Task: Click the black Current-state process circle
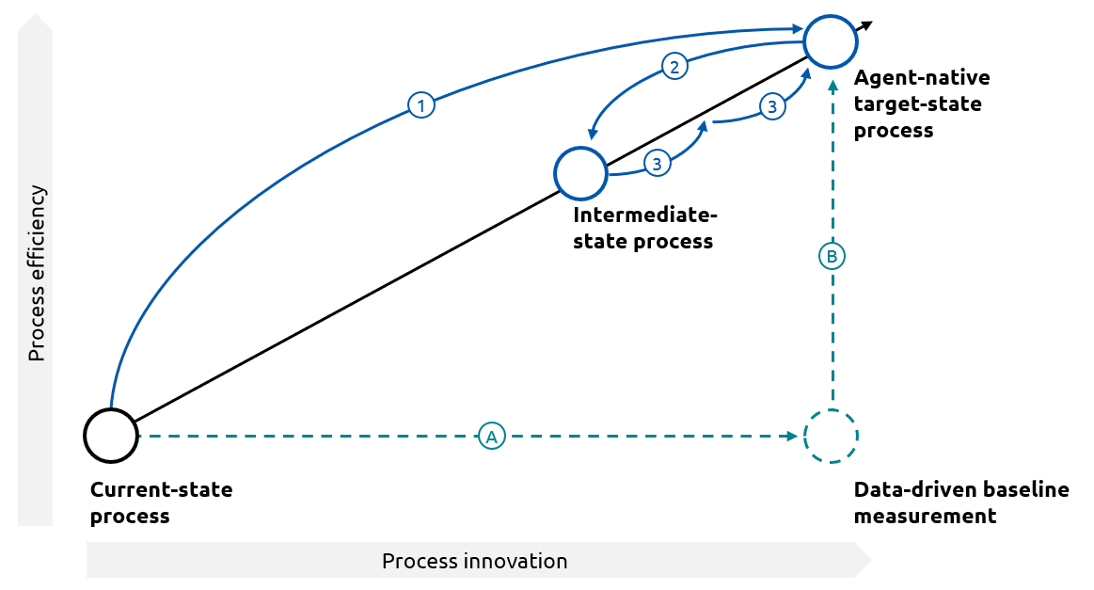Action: [111, 436]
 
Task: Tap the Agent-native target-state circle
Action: [830, 41]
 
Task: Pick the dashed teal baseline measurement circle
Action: [831, 436]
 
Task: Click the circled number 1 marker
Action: [420, 105]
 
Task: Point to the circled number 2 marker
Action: [674, 66]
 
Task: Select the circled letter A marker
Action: [490, 436]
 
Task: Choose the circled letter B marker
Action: [832, 255]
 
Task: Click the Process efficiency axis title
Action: [36, 273]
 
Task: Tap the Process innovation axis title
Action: [474, 562]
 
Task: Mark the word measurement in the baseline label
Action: [924, 517]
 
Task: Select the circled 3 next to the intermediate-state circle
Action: [657, 164]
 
